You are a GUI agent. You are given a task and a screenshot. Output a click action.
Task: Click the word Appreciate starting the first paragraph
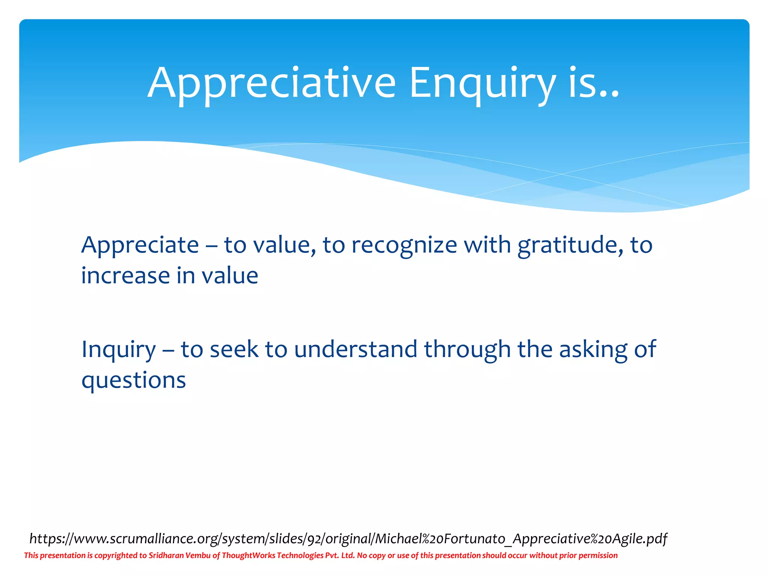(140, 245)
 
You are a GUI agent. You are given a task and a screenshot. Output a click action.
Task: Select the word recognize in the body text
(404, 245)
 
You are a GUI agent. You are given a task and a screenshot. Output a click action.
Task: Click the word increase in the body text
(126, 276)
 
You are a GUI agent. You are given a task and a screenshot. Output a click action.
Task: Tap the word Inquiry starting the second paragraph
(118, 350)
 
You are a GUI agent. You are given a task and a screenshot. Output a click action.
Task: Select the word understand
(355, 349)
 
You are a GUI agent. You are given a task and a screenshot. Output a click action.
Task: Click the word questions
(133, 380)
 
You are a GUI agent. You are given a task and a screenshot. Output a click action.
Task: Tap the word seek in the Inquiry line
(234, 349)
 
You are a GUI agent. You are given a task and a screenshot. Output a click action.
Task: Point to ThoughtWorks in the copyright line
(248, 555)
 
